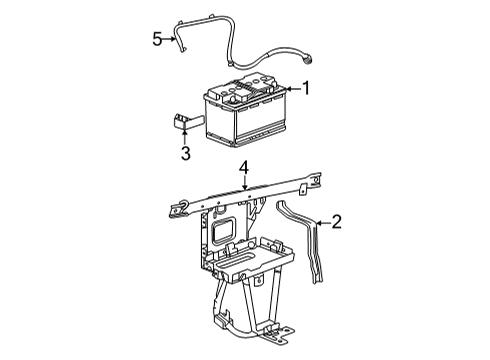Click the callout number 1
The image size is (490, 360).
[306, 88]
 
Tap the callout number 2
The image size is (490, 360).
[337, 222]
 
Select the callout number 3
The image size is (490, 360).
[185, 152]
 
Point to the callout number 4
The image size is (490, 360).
[242, 171]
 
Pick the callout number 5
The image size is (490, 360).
[157, 38]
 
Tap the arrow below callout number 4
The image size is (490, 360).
[242, 185]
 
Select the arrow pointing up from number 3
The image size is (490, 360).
[185, 136]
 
